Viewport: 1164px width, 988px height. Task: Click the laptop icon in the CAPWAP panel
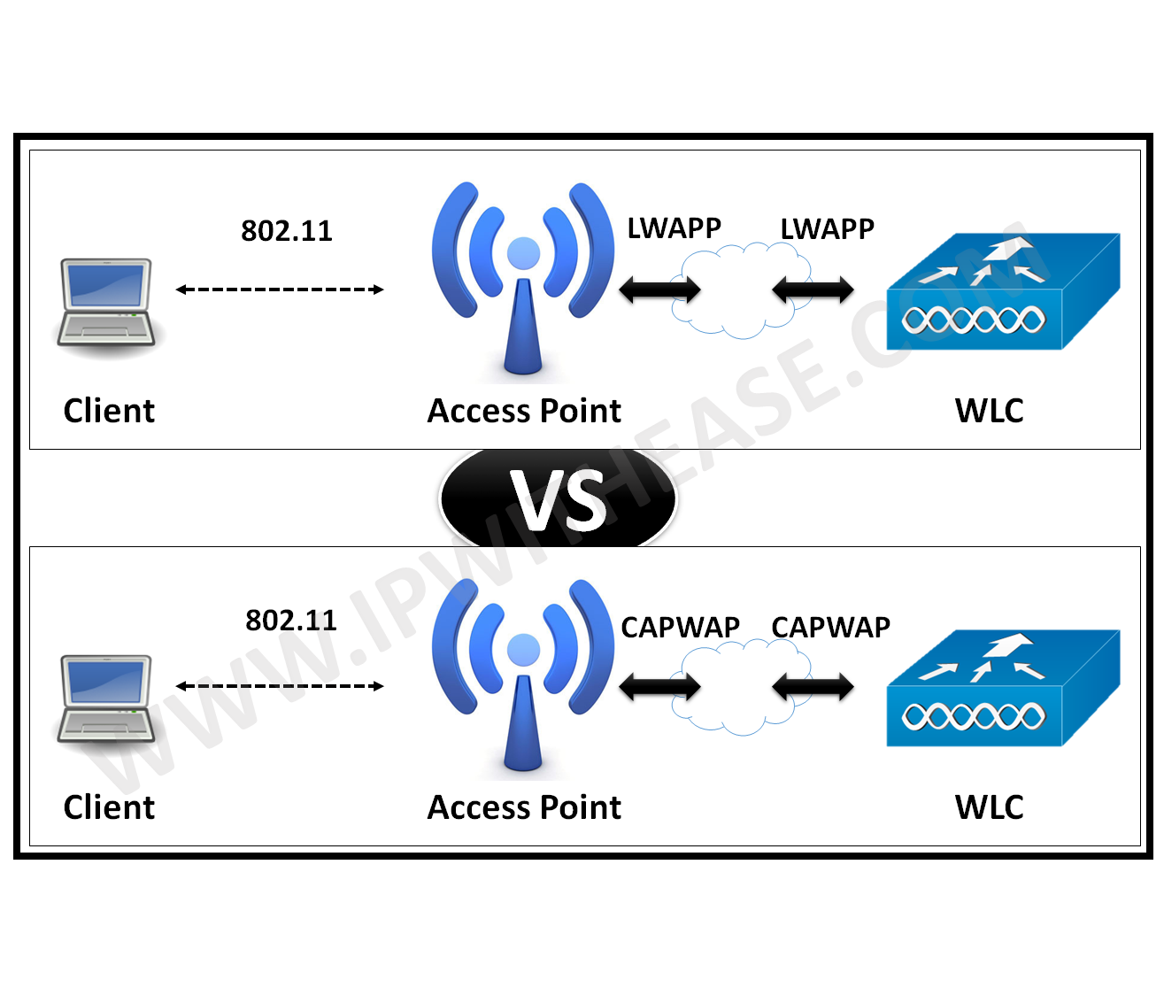coord(105,700)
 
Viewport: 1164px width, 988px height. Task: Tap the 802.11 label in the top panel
coord(287,231)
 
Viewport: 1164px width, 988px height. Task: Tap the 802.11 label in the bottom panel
coord(291,621)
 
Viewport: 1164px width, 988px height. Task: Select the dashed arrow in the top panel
coord(280,289)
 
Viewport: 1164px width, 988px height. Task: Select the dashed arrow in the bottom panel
coord(280,686)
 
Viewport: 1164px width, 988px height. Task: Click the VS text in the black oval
coord(559,501)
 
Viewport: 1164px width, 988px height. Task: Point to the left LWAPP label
coord(674,228)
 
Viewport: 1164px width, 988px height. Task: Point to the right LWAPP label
coord(827,229)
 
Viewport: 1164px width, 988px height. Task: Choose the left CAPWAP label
coord(680,627)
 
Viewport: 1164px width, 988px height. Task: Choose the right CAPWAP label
coord(830,627)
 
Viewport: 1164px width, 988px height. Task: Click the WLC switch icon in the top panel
coord(1002,292)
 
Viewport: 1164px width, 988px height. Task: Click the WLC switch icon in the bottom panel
coord(1002,689)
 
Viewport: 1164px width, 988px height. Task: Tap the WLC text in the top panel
coord(989,411)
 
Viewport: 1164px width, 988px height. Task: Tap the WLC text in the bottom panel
coord(989,807)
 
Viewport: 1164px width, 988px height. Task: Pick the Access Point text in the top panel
coord(524,411)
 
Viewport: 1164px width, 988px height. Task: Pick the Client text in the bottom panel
coord(109,807)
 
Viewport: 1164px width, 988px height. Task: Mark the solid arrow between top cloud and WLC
coord(813,289)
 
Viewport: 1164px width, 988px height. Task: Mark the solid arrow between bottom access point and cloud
coord(659,686)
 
